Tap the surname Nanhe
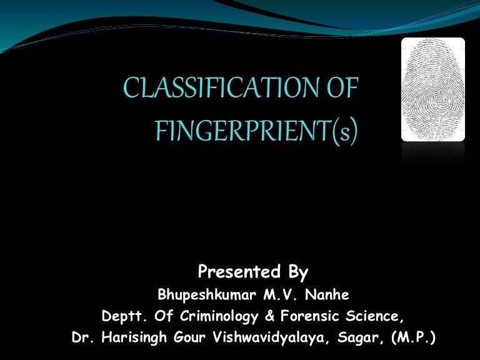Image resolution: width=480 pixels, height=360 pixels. coord(318,295)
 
